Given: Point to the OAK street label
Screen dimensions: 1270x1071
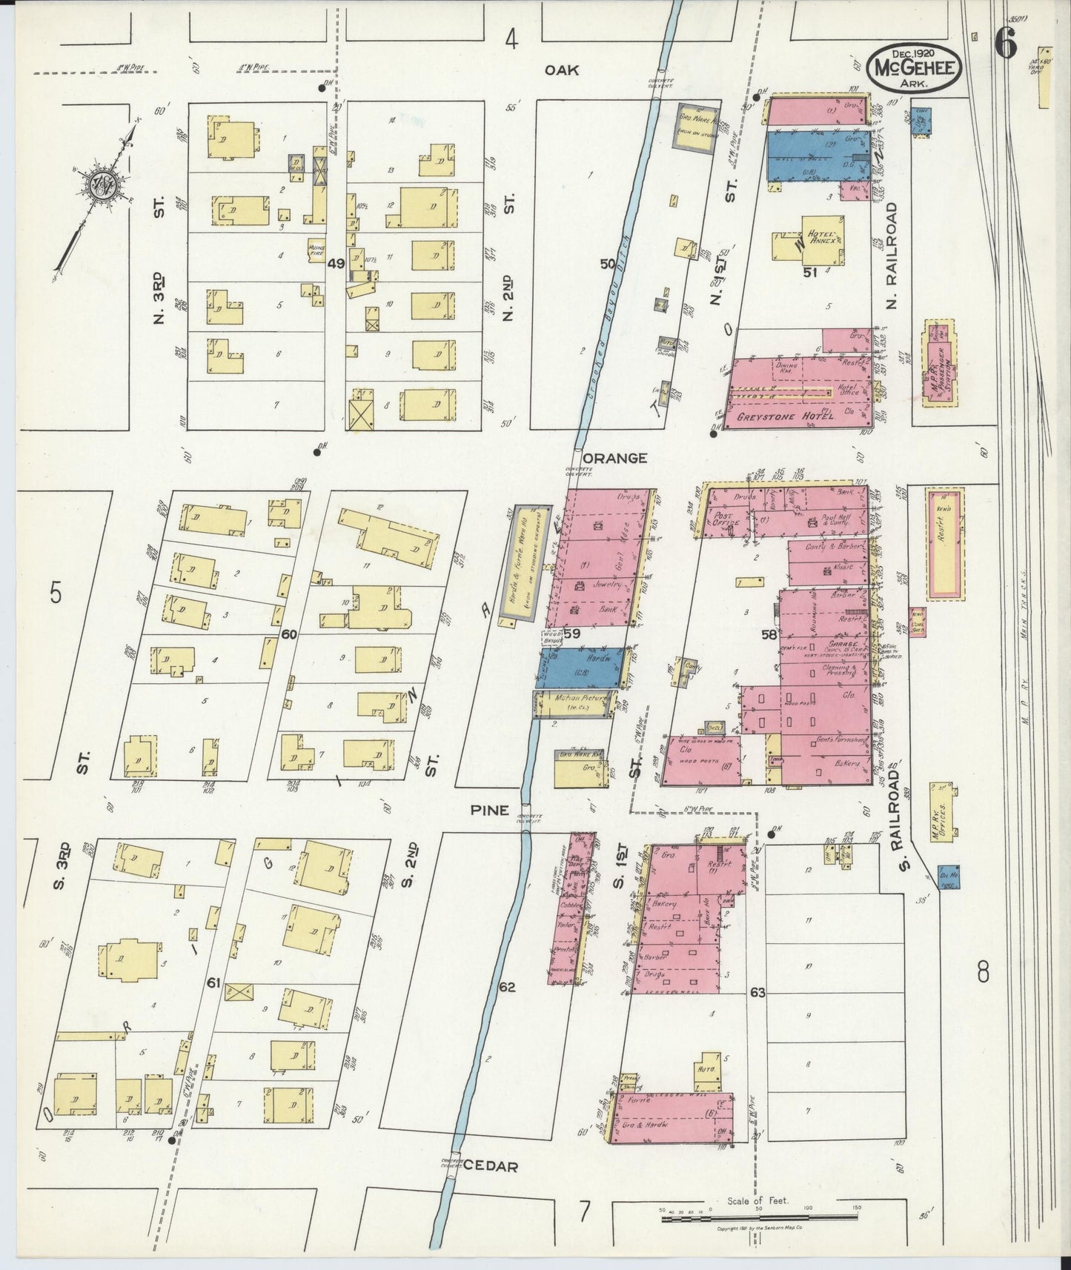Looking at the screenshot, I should tap(561, 70).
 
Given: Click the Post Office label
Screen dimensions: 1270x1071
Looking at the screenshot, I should tap(726, 518).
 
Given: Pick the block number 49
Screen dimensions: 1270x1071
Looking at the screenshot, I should tap(336, 262).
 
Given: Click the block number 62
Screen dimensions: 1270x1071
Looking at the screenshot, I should tap(507, 987).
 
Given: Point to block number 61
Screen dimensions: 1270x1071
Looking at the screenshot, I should tap(214, 983).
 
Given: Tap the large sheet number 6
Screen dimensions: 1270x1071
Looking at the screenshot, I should tap(1005, 44).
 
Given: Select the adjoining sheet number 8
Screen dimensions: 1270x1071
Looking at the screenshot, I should tap(983, 971).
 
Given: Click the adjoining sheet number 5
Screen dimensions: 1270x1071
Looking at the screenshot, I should tap(55, 593).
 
